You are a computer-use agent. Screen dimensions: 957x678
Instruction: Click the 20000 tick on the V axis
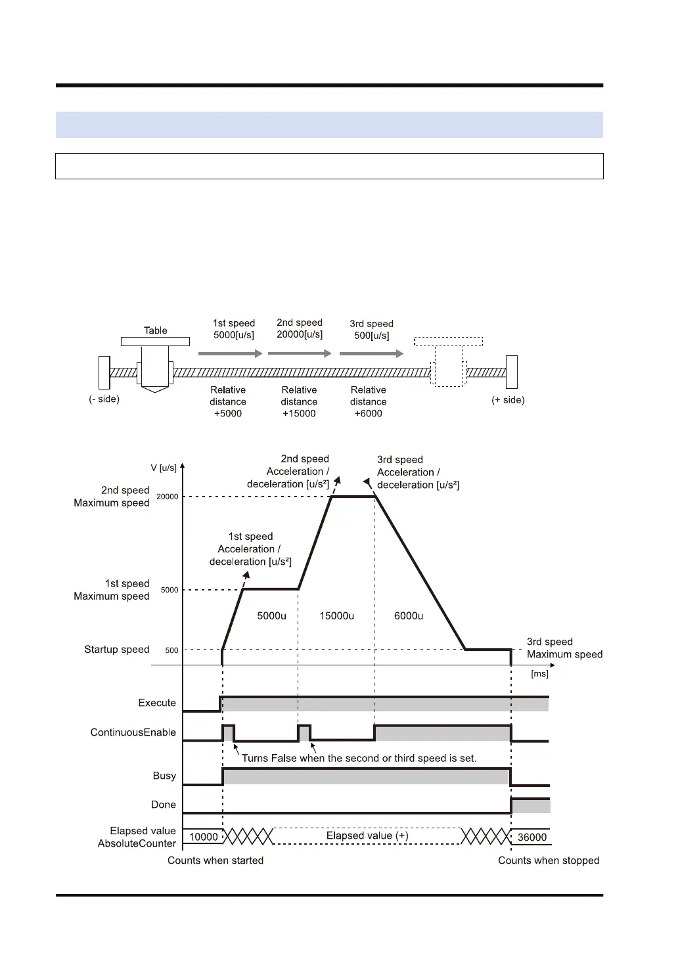[x=167, y=497]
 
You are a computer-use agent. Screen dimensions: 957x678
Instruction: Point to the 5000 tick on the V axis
[x=169, y=590]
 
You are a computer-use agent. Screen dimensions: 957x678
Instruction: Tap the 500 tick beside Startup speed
[x=171, y=650]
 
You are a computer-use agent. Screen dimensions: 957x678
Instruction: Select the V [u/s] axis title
[x=164, y=468]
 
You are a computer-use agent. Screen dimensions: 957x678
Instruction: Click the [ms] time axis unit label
[x=539, y=674]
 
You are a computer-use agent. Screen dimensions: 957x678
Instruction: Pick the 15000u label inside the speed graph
[x=337, y=616]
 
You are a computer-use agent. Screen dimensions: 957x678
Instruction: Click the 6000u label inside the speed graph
[x=409, y=616]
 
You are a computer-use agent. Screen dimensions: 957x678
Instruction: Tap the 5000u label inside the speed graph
[x=271, y=616]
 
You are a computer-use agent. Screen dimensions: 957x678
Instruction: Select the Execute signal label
[x=157, y=703]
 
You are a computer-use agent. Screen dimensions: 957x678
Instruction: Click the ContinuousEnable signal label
[x=133, y=732]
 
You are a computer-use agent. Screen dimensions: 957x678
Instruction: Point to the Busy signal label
[x=164, y=776]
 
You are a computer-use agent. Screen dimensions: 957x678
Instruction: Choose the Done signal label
[x=164, y=805]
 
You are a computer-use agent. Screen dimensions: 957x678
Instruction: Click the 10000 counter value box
[x=203, y=837]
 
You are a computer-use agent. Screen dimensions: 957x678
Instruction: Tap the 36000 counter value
[x=531, y=837]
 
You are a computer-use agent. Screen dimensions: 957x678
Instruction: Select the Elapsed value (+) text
[x=367, y=835]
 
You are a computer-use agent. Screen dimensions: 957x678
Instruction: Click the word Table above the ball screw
[x=156, y=330]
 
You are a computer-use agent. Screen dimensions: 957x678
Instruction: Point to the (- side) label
[x=104, y=399]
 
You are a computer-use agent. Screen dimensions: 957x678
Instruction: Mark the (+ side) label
[x=508, y=400]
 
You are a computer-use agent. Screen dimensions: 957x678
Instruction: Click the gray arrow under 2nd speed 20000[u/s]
[x=300, y=353]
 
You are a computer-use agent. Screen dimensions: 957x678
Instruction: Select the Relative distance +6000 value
[x=368, y=413]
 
